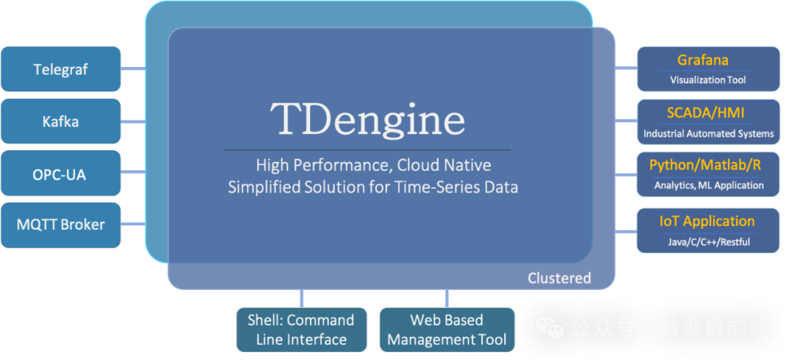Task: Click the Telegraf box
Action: pyautogui.click(x=60, y=70)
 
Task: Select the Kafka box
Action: pyautogui.click(x=60, y=121)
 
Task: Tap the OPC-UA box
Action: pyautogui.click(x=60, y=174)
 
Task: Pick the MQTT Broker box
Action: pyautogui.click(x=60, y=225)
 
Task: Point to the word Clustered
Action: pyautogui.click(x=559, y=278)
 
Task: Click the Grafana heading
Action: pyautogui.click(x=702, y=60)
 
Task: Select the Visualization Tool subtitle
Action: pyautogui.click(x=707, y=80)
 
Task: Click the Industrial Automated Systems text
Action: pyautogui.click(x=708, y=133)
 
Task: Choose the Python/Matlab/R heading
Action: pyautogui.click(x=704, y=166)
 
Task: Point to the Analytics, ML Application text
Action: pyautogui.click(x=708, y=185)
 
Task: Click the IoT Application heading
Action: pyautogui.click(x=707, y=221)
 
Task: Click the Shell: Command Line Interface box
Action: pyautogui.click(x=301, y=330)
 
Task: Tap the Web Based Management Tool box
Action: pyautogui.click(x=447, y=330)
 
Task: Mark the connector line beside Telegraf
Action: pyautogui.click(x=132, y=70)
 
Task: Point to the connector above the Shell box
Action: pyautogui.click(x=301, y=298)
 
